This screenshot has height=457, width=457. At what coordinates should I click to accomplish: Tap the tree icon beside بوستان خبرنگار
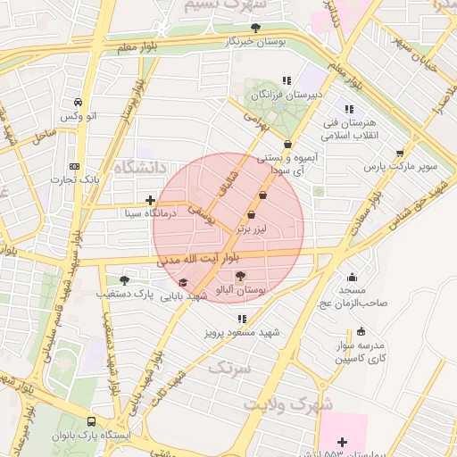click(x=257, y=28)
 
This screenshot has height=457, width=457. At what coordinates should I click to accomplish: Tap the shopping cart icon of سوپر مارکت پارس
click(x=400, y=154)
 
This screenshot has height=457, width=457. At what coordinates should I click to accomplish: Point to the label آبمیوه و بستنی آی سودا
click(x=287, y=162)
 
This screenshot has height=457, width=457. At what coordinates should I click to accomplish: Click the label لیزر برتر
click(x=250, y=228)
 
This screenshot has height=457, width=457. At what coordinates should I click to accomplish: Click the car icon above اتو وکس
click(x=80, y=102)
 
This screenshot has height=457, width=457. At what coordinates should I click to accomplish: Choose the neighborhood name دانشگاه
click(x=140, y=166)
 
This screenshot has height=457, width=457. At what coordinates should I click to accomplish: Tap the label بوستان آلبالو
click(x=238, y=291)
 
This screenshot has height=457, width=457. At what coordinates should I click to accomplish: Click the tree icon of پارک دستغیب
click(x=124, y=279)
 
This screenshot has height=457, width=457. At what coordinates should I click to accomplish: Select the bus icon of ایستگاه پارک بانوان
click(x=91, y=421)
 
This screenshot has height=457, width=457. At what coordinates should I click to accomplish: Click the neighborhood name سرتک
click(x=229, y=366)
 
